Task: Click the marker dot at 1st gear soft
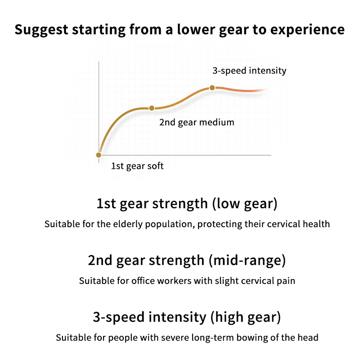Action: tap(99, 155)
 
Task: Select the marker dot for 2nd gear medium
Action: tap(152, 108)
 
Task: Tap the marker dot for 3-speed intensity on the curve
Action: tap(212, 88)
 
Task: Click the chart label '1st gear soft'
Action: tap(137, 166)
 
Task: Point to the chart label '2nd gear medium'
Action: tap(197, 122)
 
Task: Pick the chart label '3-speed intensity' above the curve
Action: tap(249, 71)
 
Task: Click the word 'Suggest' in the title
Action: tap(39, 30)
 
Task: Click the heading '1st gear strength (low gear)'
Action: tap(187, 204)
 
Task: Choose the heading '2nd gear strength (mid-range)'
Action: tap(187, 261)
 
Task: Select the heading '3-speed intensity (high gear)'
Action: tap(187, 317)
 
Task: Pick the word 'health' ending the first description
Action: tap(317, 224)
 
